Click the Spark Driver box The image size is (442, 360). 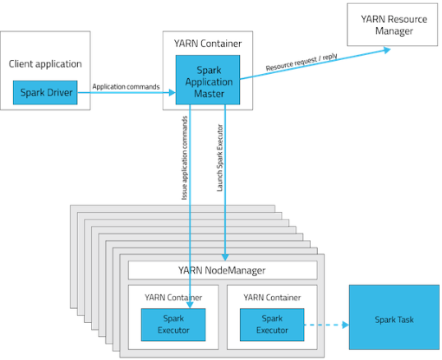point(45,93)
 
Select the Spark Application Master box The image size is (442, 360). point(208,80)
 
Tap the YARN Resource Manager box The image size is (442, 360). point(392,25)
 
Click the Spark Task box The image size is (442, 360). point(394,317)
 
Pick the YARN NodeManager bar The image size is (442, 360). point(223,270)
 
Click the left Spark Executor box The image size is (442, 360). point(173,325)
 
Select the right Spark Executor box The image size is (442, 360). point(272,325)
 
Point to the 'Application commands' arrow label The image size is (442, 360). point(126,86)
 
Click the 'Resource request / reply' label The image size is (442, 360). point(302,62)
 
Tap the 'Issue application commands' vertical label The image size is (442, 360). point(184,158)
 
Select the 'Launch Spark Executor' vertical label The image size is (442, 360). point(220,158)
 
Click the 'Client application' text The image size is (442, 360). point(45,64)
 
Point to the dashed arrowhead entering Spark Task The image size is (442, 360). point(346,325)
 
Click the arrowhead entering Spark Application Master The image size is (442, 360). point(172,93)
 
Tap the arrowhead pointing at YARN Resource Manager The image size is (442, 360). point(387,50)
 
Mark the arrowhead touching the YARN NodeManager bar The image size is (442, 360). point(225,257)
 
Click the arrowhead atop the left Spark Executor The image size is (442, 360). point(190,305)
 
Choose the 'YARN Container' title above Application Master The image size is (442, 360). point(208,44)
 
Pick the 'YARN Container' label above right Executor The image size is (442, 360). point(272,298)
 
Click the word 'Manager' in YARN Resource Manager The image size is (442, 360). point(394,31)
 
